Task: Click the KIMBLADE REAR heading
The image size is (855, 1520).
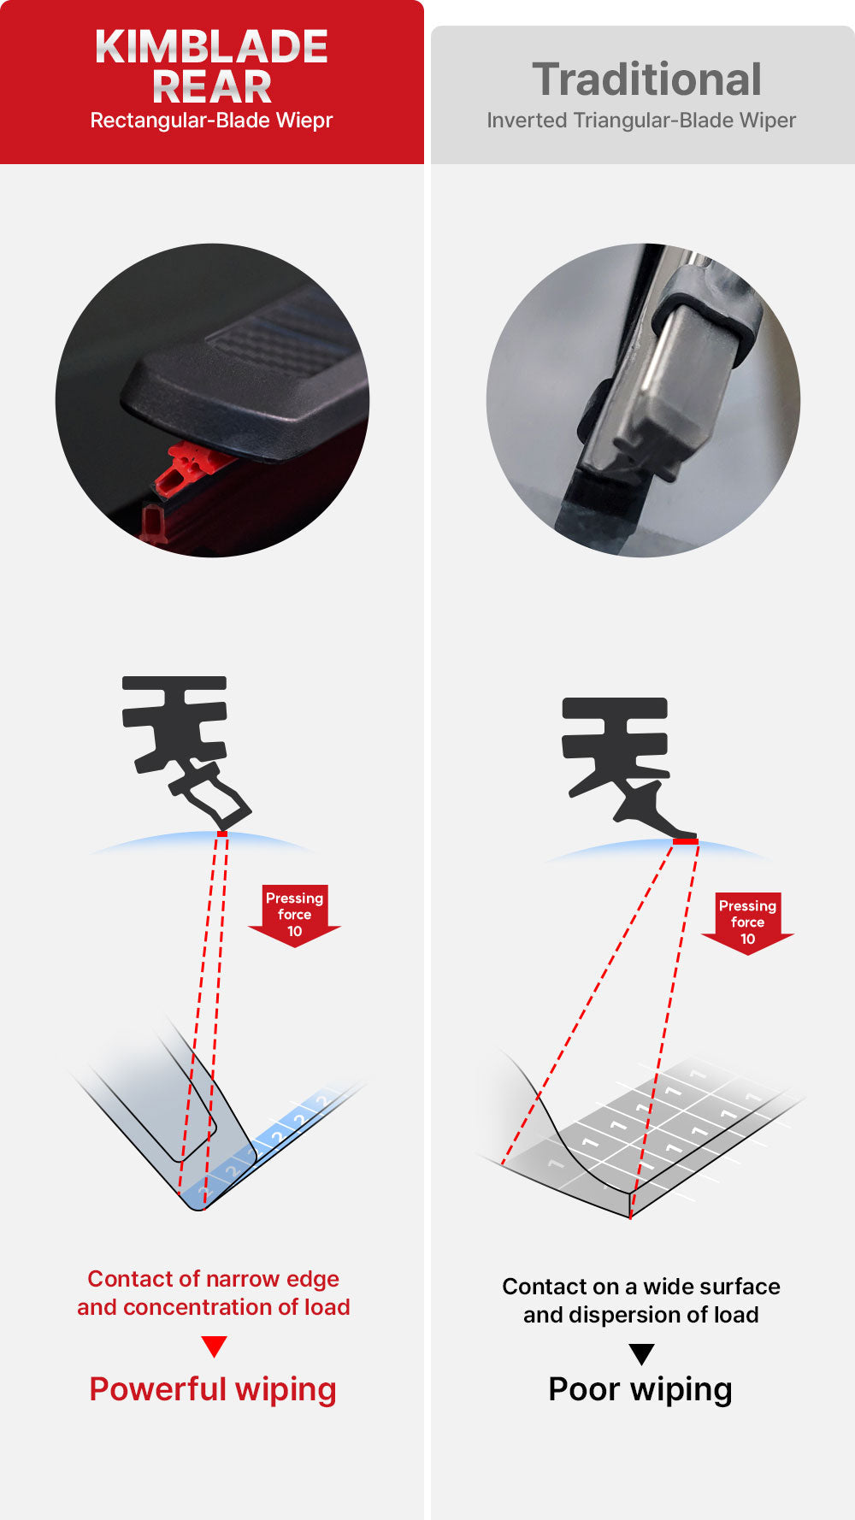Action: [211, 67]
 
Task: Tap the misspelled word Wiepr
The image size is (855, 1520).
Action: [304, 121]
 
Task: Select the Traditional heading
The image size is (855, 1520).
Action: [646, 80]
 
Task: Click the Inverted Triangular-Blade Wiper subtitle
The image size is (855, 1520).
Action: [641, 121]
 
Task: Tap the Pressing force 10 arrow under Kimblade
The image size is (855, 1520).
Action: [294, 915]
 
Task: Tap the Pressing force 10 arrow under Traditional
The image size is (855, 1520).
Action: [747, 922]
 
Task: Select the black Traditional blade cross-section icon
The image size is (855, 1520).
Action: [620, 757]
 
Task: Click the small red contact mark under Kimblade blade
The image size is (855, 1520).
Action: [222, 834]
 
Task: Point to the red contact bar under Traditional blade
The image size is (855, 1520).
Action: [686, 842]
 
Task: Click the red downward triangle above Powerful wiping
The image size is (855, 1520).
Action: [214, 1346]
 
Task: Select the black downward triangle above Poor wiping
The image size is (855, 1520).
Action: [641, 1354]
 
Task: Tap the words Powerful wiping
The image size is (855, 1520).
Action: [213, 1389]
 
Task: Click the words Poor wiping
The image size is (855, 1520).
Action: [640, 1389]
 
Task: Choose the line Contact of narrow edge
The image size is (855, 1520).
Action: [213, 1279]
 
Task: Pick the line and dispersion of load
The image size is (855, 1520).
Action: [640, 1315]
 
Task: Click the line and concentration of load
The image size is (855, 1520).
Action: [213, 1307]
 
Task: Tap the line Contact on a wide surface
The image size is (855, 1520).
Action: [640, 1287]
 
